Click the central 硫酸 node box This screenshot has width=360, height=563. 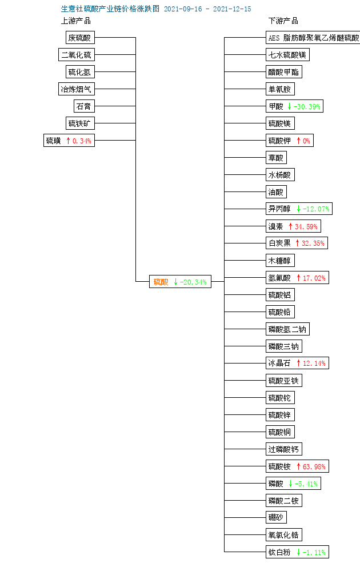tap(180, 281)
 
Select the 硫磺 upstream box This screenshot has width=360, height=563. tap(69, 141)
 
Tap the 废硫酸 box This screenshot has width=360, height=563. tap(81, 37)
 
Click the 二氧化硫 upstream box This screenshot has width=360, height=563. tap(77, 54)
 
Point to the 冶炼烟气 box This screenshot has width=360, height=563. tap(77, 89)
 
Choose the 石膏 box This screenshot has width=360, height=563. tap(84, 106)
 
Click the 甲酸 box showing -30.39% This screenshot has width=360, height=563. tap(294, 106)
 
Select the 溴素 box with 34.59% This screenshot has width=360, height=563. tap(293, 226)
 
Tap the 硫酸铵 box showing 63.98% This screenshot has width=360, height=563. tap(297, 466)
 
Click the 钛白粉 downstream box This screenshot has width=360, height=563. tap(297, 552)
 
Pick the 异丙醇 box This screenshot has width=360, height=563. tap(299, 209)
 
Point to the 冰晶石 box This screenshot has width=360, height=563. tap(297, 363)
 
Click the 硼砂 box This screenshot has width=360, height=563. tap(276, 517)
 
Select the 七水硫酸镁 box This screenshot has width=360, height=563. tap(287, 54)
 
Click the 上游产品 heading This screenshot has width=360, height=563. tap(76, 21)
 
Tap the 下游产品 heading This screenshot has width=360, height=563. tap(283, 21)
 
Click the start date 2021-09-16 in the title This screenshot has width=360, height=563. tap(183, 9)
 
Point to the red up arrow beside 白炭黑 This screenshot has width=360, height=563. tap(297, 243)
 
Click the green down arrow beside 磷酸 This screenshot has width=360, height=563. tap(290, 484)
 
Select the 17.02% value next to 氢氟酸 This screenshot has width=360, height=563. tap(314, 278)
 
